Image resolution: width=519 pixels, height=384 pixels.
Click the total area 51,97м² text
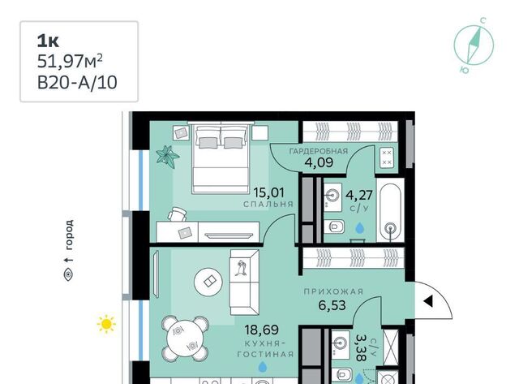(70, 62)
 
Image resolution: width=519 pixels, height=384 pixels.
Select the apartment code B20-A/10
(77, 83)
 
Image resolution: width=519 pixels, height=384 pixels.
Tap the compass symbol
(474, 45)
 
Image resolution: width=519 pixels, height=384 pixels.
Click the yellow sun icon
(106, 323)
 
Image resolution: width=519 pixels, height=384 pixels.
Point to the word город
(69, 235)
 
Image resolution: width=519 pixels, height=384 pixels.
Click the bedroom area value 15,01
(268, 192)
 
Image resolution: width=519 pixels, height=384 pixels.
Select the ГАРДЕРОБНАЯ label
(319, 152)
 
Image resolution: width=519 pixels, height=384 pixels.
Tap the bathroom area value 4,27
(359, 195)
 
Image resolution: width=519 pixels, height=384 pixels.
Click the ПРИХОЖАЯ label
(333, 291)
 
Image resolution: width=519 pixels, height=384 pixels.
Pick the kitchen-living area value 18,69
(261, 330)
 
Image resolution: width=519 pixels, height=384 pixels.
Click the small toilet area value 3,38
(361, 347)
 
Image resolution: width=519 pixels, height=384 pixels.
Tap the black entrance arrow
(428, 301)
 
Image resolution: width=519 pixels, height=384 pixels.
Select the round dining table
(185, 339)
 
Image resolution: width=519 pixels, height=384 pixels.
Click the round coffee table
(208, 282)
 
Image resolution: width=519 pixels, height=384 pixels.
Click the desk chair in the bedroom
(177, 214)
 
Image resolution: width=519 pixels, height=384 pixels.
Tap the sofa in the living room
(245, 282)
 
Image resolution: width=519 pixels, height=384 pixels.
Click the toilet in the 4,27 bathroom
(333, 227)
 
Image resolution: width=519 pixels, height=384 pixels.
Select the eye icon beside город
(68, 274)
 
